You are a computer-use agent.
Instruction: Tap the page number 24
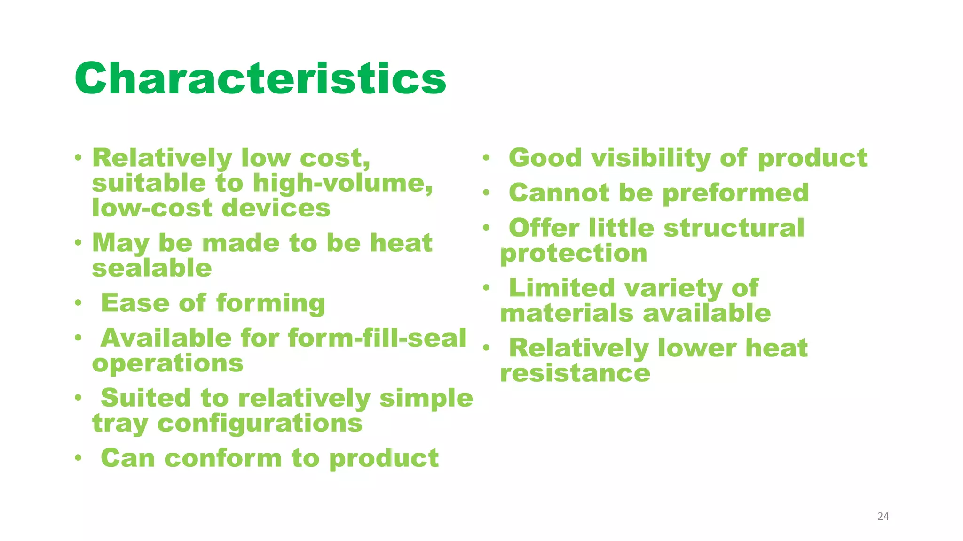pyautogui.click(x=883, y=517)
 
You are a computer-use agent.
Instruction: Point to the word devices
pyautogui.click(x=276, y=208)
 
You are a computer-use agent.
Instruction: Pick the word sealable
pyautogui.click(x=152, y=268)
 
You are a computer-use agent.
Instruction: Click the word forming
pyautogui.click(x=270, y=303)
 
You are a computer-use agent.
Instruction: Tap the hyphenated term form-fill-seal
pyautogui.click(x=377, y=338)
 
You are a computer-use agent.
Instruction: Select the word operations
pyautogui.click(x=168, y=363)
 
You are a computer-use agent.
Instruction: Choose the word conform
pyautogui.click(x=223, y=458)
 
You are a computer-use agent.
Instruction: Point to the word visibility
pyautogui.click(x=651, y=158)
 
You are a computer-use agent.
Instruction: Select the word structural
pyautogui.click(x=734, y=228)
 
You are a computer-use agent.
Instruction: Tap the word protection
pyautogui.click(x=574, y=254)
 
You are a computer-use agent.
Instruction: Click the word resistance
pyautogui.click(x=575, y=373)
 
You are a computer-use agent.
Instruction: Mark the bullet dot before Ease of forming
pyautogui.click(x=78, y=303)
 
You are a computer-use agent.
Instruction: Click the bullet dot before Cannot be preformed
pyautogui.click(x=486, y=193)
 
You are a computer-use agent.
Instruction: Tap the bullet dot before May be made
pyautogui.click(x=78, y=243)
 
